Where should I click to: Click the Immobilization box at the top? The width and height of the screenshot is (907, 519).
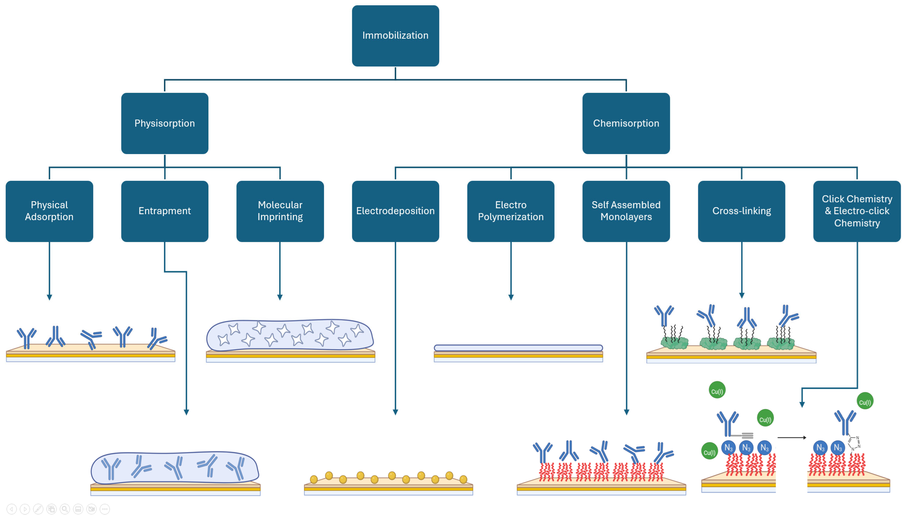tap(395, 36)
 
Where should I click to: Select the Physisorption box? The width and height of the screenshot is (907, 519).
tap(165, 123)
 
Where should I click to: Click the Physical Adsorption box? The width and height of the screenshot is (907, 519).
tap(49, 211)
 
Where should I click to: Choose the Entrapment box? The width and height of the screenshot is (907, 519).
tap(165, 211)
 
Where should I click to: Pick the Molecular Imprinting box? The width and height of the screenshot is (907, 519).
tap(280, 211)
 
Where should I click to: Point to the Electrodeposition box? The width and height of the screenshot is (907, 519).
tap(395, 211)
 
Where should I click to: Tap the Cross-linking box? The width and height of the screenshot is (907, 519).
tap(741, 211)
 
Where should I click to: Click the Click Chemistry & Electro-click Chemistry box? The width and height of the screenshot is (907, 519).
tap(857, 211)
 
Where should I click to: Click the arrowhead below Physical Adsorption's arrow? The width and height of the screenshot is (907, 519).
tap(49, 297)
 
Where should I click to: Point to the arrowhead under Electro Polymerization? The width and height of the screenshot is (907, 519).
tap(511, 297)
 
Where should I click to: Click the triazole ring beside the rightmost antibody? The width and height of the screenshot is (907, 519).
tap(855, 443)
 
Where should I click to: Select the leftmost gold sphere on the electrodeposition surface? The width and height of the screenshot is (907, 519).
tap(314, 479)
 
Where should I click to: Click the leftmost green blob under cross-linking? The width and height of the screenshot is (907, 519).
tap(674, 343)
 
